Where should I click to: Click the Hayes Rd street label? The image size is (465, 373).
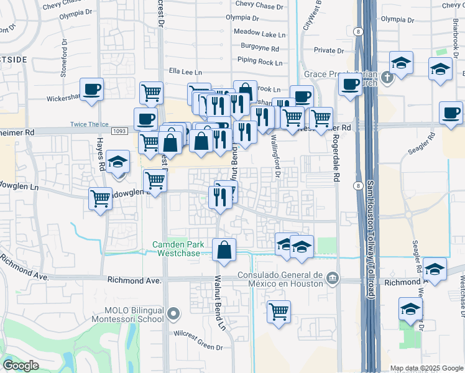[x=99, y=155]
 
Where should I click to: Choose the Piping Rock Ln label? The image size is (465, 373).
[x=260, y=60]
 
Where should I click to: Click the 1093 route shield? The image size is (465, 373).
[x=121, y=131]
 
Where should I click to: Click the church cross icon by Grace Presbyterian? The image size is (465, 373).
[x=387, y=78]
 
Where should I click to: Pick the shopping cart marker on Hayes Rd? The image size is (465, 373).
[x=100, y=199]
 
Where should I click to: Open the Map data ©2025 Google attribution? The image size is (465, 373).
[x=426, y=368]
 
